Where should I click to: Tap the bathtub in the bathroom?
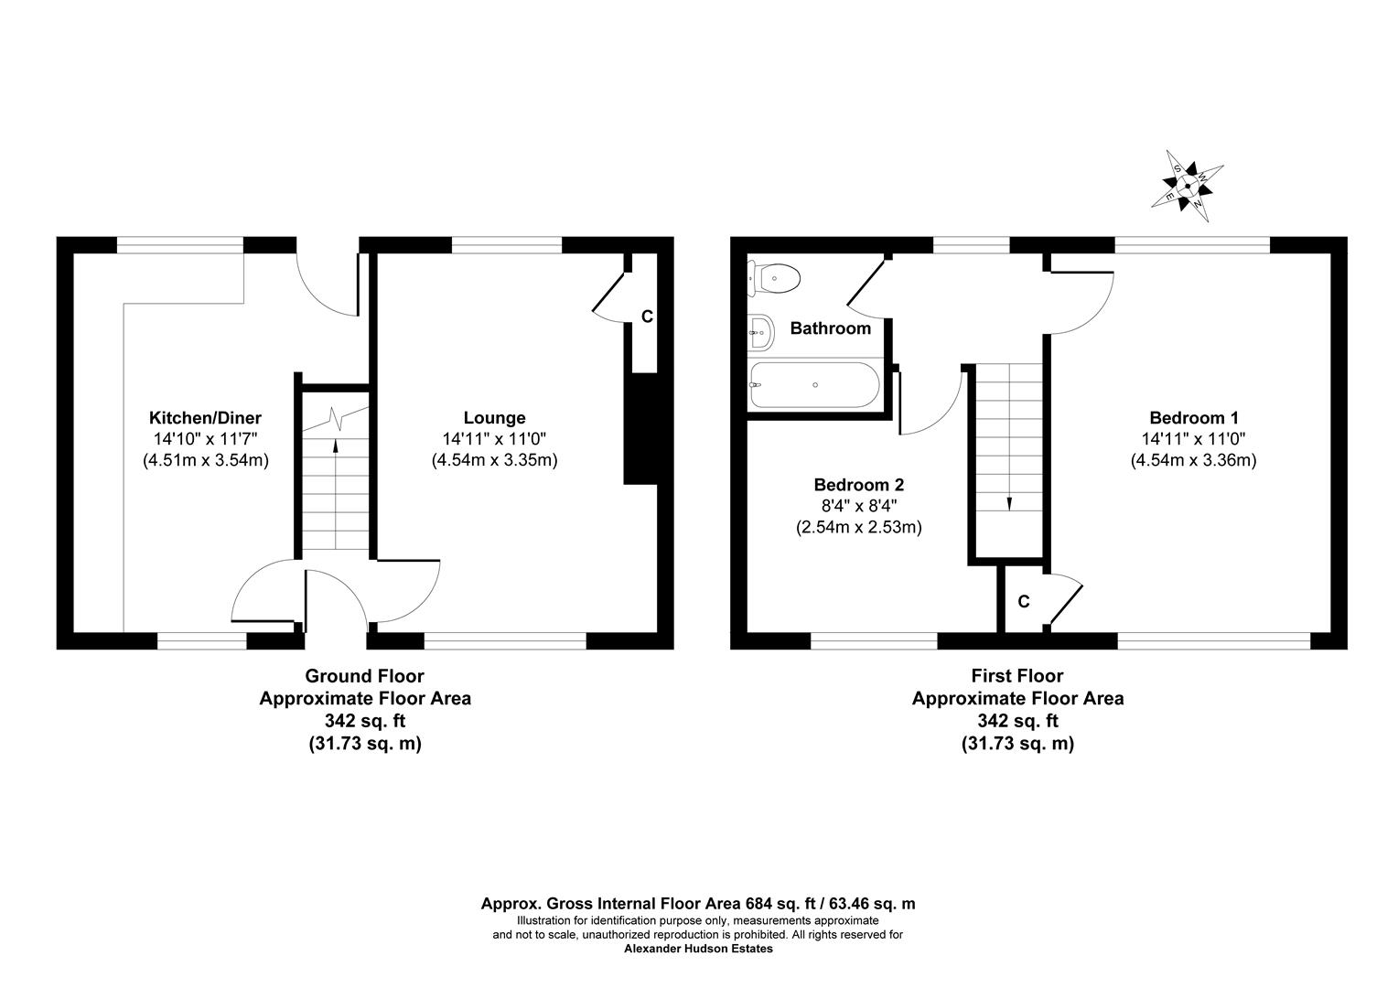(x=815, y=385)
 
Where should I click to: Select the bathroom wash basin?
(x=761, y=332)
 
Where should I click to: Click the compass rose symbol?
(x=1188, y=186)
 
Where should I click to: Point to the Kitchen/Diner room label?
(x=205, y=417)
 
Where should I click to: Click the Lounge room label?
(x=494, y=417)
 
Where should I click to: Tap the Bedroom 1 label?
(x=1194, y=417)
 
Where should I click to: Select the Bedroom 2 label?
(x=859, y=484)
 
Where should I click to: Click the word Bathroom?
(x=830, y=328)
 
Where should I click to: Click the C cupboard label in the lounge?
(x=647, y=317)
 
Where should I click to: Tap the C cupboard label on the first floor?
(x=1024, y=602)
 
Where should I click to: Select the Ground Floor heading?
(x=364, y=676)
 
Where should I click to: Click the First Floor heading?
(x=1017, y=676)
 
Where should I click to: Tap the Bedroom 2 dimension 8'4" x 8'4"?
(x=859, y=505)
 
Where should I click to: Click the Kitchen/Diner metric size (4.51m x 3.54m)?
(x=206, y=461)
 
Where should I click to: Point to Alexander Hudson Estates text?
(x=698, y=950)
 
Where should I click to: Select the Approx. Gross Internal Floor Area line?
(x=698, y=904)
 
